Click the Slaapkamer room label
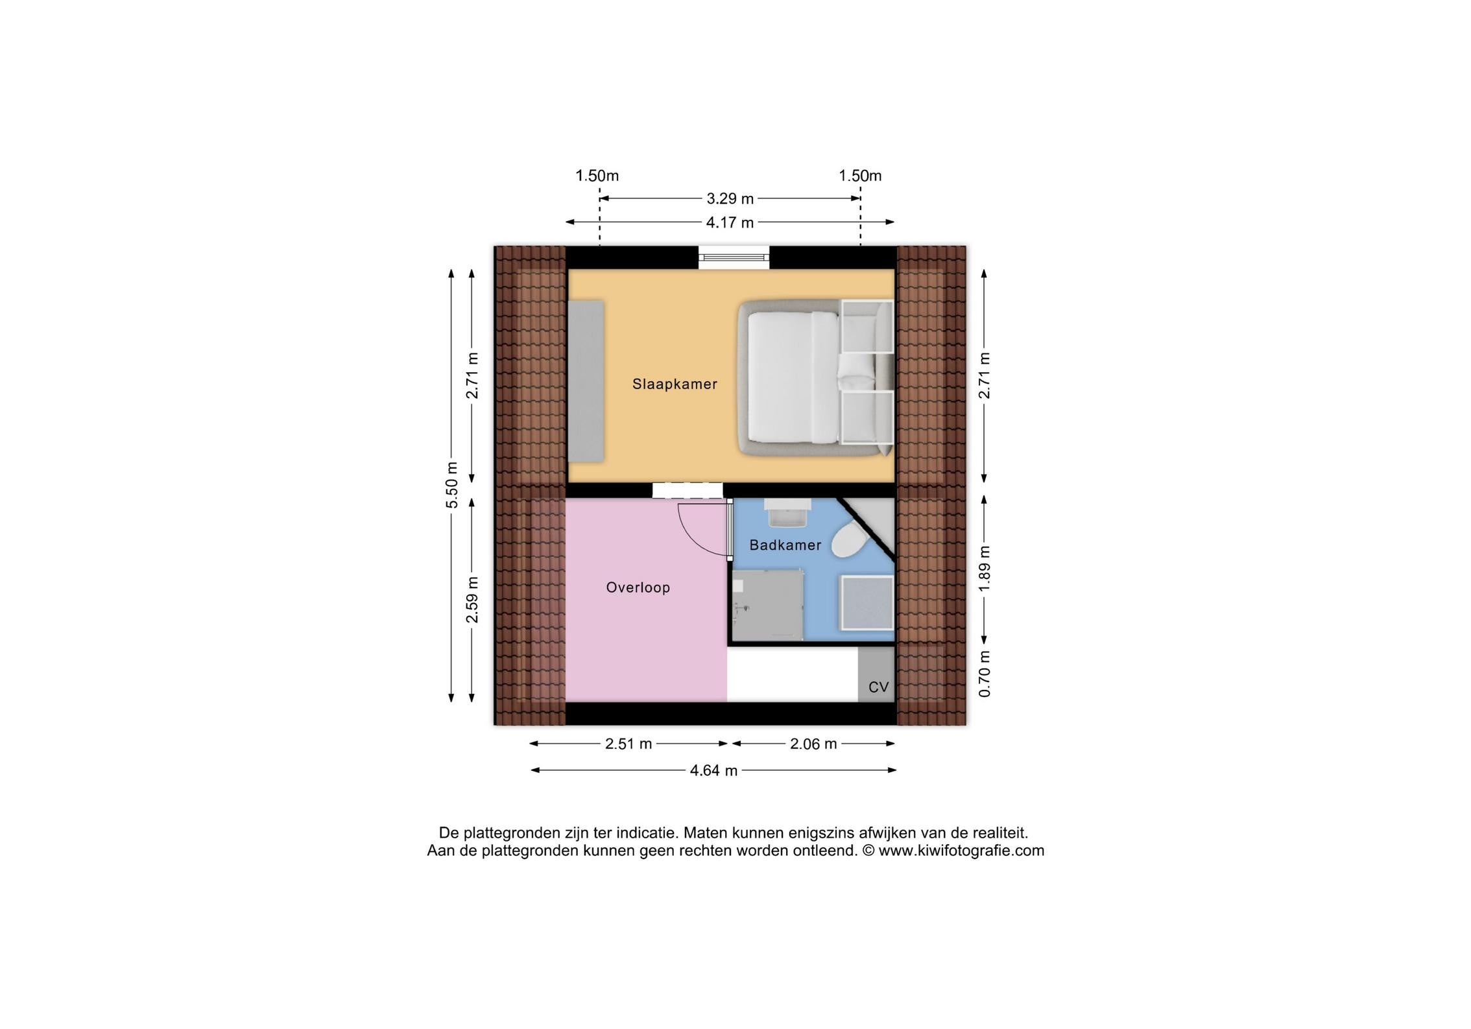pos(675,384)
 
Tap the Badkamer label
pos(785,545)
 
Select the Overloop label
pos(638,587)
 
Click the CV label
pos(878,687)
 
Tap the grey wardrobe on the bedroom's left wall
pos(586,381)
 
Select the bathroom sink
pos(787,512)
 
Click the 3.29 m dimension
pos(730,198)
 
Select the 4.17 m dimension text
pos(730,222)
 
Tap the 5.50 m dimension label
pos(453,485)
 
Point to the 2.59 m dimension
pos(472,600)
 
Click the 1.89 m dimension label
pos(985,568)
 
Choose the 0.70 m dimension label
pos(985,674)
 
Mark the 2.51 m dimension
pos(628,744)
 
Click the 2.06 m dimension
pos(813,744)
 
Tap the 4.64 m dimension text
pos(713,770)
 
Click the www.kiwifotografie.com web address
pos(961,851)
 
